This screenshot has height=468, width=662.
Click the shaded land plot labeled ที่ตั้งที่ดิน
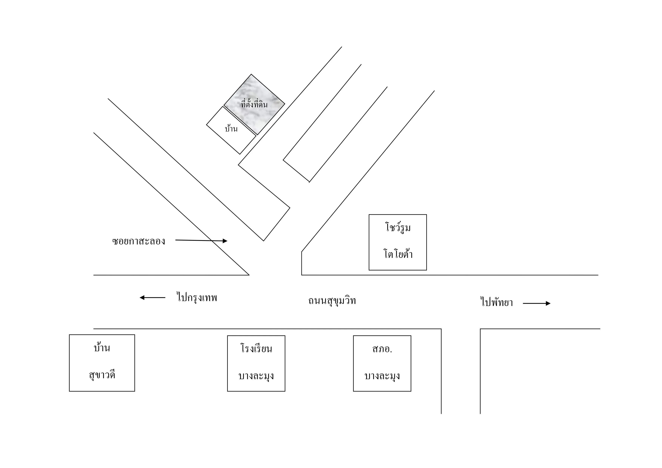point(254,104)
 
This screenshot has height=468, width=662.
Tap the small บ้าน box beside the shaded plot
point(231,130)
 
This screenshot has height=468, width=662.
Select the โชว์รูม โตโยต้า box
point(398,242)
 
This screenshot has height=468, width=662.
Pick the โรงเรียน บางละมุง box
point(256,363)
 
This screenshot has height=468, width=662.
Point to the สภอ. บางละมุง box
point(382,363)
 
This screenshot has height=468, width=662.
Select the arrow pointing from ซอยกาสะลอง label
point(201,240)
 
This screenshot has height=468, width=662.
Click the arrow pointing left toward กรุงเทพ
point(152,297)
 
